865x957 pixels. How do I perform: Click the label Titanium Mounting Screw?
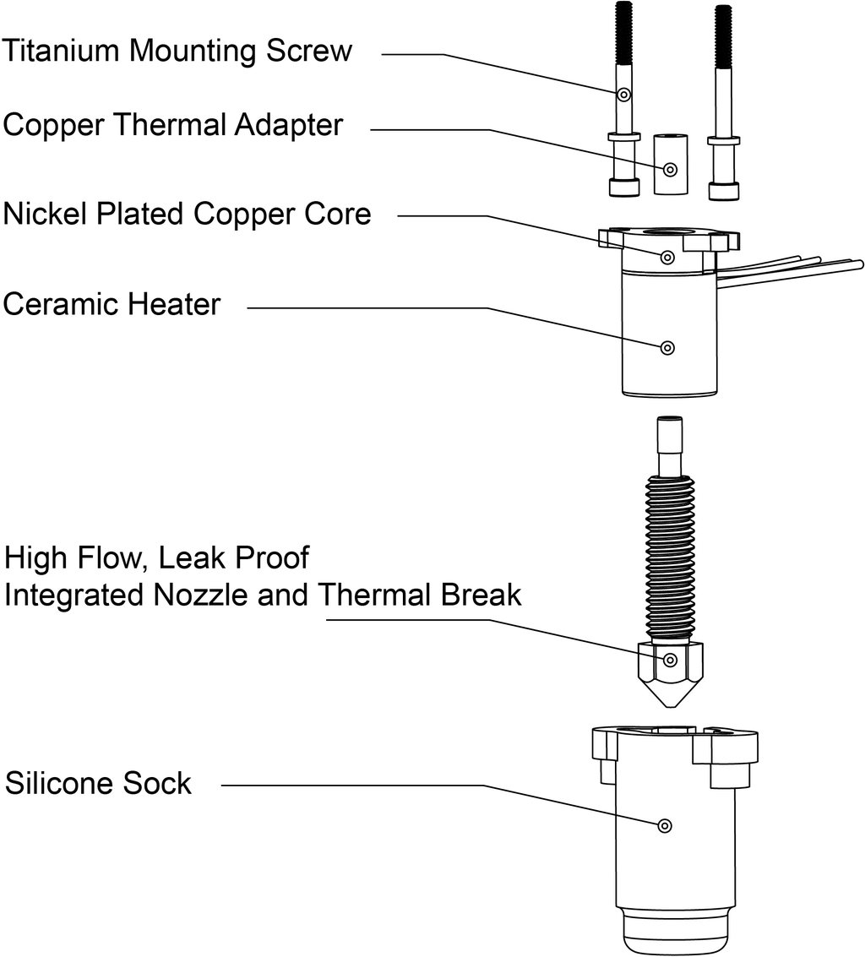(177, 51)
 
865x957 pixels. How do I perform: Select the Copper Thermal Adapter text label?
(173, 125)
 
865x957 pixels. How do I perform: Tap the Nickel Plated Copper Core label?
(187, 214)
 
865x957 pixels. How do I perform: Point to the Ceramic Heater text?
(112, 304)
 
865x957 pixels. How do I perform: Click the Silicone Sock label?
(99, 783)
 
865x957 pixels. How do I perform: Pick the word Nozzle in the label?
(201, 595)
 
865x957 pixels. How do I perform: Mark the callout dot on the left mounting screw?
(623, 95)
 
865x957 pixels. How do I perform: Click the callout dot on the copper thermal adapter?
(670, 170)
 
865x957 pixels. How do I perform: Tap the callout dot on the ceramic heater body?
(667, 347)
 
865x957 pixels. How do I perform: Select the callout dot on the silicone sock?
(664, 825)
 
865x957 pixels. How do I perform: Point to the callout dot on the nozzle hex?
(670, 660)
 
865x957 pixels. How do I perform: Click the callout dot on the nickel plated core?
(667, 257)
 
